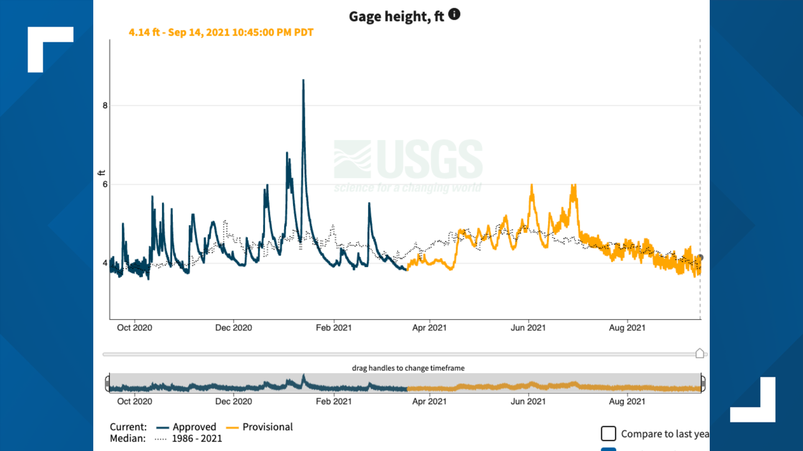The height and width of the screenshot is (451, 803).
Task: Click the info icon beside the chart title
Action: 454,15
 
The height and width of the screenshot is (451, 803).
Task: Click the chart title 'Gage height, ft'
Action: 396,17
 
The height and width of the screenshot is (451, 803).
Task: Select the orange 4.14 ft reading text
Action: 221,33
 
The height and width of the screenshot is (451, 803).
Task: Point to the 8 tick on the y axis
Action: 105,106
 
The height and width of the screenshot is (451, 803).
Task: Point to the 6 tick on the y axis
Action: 105,184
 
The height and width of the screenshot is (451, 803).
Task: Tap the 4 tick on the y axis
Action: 105,263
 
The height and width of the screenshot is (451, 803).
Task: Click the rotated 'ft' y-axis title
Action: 101,172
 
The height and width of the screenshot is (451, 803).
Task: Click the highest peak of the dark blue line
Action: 303,80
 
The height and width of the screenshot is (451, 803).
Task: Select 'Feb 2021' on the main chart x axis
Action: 333,328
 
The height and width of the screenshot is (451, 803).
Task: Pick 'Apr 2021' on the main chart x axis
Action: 429,328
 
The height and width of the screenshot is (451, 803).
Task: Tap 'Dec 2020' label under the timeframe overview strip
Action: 233,401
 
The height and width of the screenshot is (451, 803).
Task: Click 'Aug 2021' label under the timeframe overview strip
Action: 627,401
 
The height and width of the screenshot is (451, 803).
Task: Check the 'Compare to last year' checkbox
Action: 609,433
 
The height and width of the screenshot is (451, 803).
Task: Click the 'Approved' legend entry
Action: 194,427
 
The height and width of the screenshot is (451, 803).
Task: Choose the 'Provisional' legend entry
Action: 267,427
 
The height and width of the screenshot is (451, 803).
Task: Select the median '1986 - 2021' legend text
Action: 197,438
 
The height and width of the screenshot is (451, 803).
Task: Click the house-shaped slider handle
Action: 700,353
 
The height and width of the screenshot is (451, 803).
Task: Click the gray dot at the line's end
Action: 701,258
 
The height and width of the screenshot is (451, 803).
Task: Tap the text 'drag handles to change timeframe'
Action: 408,368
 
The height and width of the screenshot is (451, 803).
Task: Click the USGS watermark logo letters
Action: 430,160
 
